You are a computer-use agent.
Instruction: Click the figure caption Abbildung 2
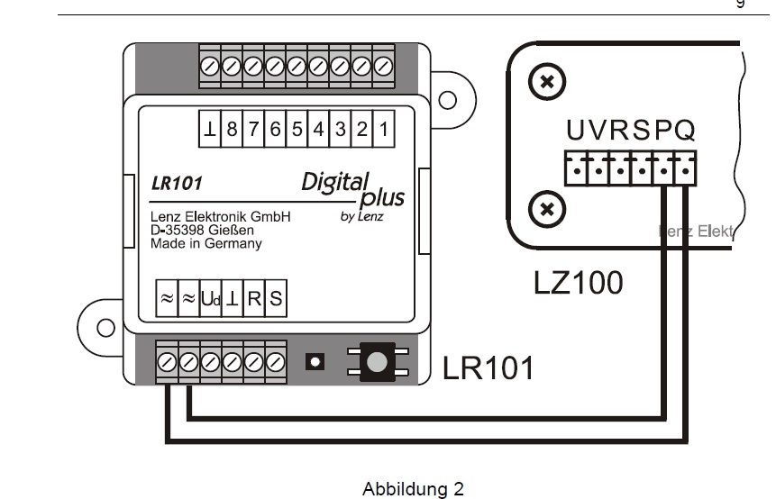pyautogui.click(x=413, y=490)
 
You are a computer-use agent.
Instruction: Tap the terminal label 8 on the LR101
pyautogui.click(x=232, y=129)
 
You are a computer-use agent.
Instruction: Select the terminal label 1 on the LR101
pyautogui.click(x=383, y=129)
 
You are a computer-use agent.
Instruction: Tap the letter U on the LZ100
pyautogui.click(x=576, y=132)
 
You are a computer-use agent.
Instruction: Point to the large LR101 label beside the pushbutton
pyautogui.click(x=488, y=368)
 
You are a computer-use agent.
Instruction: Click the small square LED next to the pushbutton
pyautogui.click(x=315, y=362)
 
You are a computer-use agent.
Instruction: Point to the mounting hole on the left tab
pyautogui.click(x=105, y=327)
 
